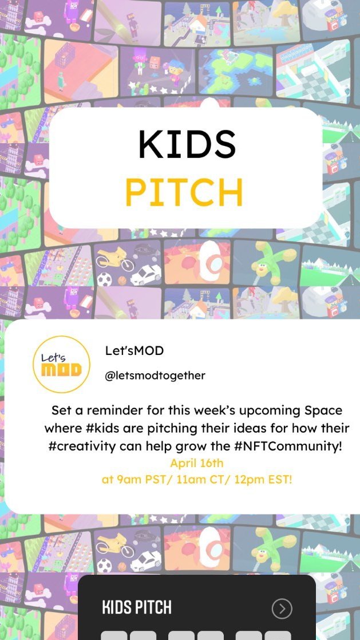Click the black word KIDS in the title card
[187, 144]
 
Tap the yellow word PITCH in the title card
[184, 193]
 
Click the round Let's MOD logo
[61, 364]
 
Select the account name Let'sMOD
[134, 350]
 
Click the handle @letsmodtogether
[155, 376]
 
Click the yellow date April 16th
[197, 463]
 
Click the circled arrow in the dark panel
[282, 609]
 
